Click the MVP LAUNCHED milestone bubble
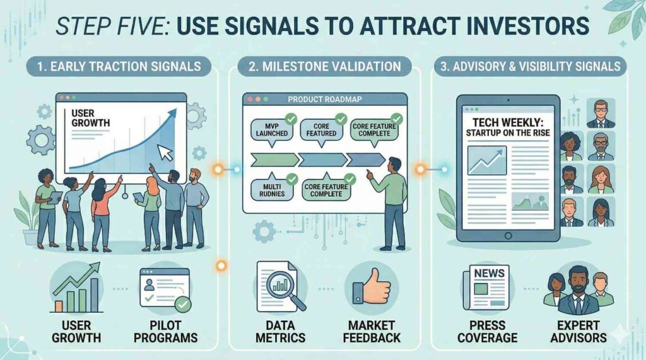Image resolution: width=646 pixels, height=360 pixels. (272, 130)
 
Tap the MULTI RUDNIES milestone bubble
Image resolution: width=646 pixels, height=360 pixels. (272, 190)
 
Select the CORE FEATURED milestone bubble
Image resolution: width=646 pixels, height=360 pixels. (321, 130)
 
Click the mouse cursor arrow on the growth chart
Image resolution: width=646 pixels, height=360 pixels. (165, 153)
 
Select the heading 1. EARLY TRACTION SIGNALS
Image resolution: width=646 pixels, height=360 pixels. (119, 67)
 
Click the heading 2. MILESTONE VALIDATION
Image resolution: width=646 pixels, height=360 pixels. (325, 67)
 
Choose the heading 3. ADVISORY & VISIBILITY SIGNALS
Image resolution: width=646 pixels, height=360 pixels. (530, 67)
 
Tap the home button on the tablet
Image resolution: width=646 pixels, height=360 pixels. (508, 236)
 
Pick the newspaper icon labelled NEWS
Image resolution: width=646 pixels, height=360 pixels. (488, 287)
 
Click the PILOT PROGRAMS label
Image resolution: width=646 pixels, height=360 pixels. (166, 332)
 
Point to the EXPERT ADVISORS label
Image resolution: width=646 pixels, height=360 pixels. (578, 332)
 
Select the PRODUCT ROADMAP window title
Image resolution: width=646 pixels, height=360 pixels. (325, 99)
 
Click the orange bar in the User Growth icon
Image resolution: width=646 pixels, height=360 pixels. (59, 306)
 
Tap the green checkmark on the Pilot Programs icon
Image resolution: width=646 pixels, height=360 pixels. (182, 305)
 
